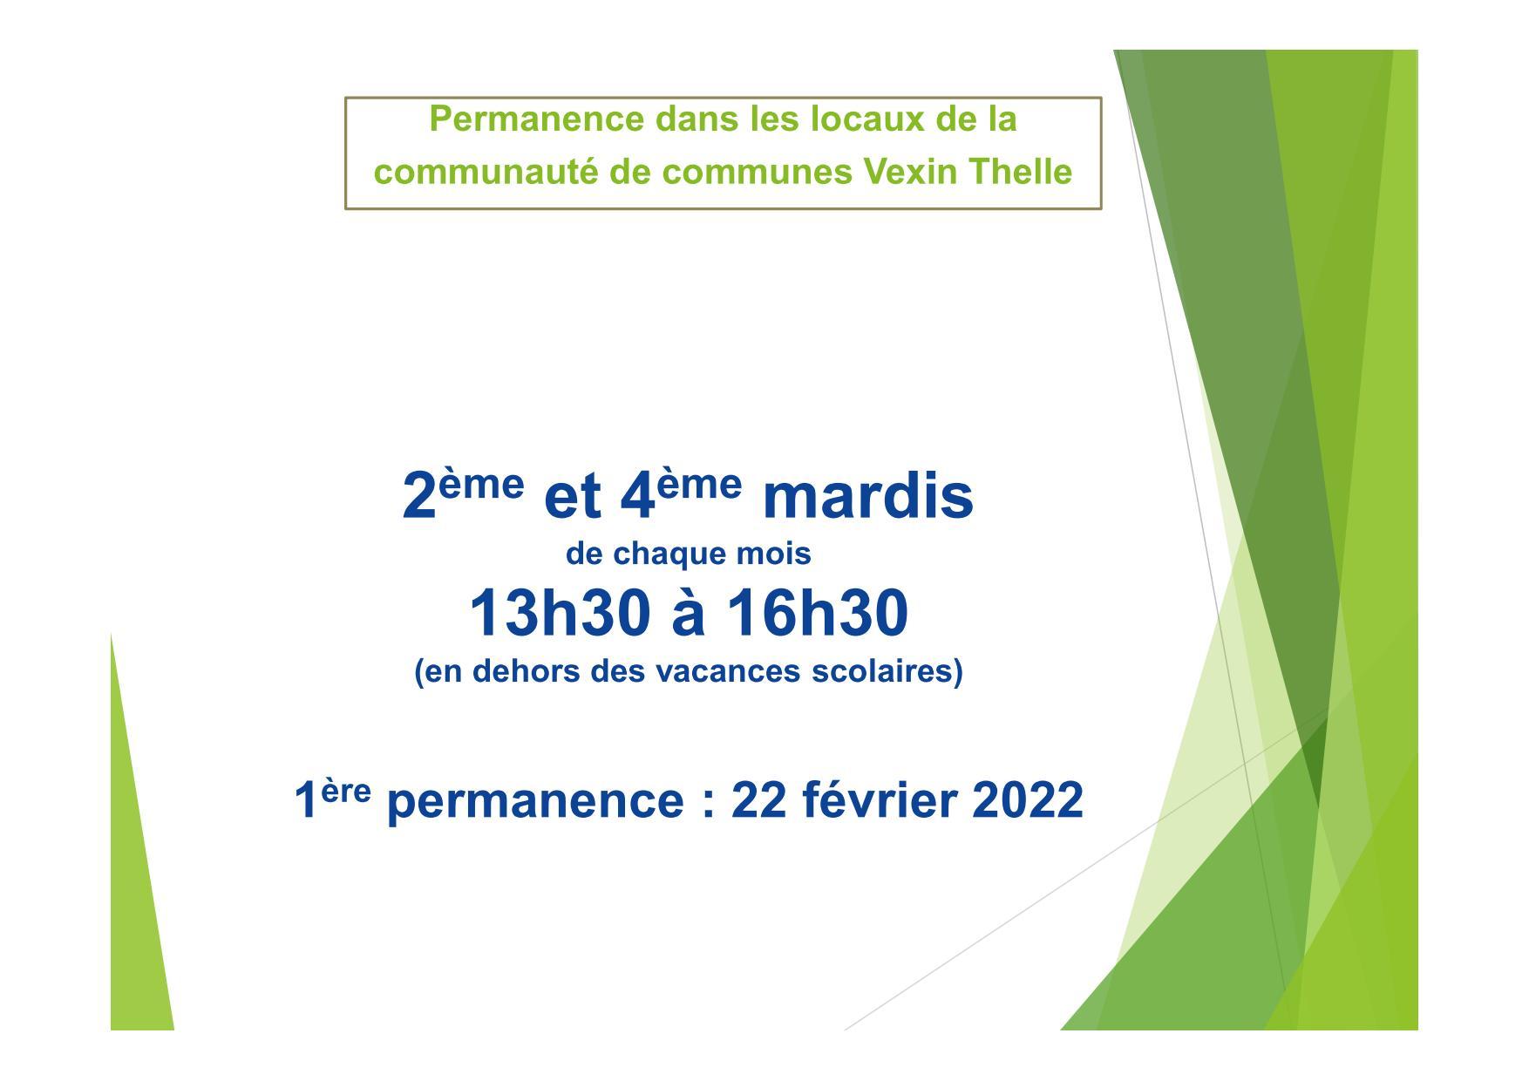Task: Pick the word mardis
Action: [x=867, y=497]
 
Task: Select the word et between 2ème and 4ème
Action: [x=572, y=499]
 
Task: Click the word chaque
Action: [x=684, y=554]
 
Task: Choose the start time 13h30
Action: [x=560, y=613]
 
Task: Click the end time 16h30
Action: [x=818, y=613]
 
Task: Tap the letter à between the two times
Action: [x=688, y=613]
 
